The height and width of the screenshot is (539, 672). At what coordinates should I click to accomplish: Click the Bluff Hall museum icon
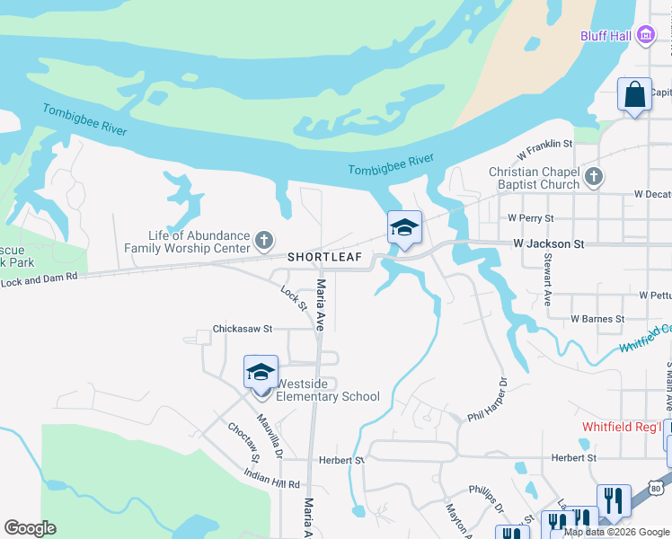pos(645,36)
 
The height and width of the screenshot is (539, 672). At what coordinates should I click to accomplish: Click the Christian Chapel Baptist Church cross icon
pos(593,177)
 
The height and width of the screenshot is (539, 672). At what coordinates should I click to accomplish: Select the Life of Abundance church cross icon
pos(263,240)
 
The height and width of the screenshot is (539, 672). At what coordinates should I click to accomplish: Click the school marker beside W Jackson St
pos(404,228)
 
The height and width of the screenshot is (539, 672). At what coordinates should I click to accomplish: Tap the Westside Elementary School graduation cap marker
pos(261,373)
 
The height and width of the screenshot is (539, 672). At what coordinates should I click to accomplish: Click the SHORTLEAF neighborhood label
pos(324,257)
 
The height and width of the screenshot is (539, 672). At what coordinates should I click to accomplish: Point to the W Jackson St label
pos(548,243)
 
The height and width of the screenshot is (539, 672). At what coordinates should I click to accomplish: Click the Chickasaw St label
pos(242,329)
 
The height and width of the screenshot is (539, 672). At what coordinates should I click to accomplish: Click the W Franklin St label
pos(545,144)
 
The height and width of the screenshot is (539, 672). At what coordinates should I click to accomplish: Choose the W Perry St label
pos(531,217)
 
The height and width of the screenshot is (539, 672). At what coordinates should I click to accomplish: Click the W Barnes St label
pos(597,319)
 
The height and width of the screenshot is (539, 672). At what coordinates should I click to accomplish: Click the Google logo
pos(31,528)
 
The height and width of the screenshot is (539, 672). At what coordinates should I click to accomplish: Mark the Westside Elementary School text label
pos(328,389)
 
